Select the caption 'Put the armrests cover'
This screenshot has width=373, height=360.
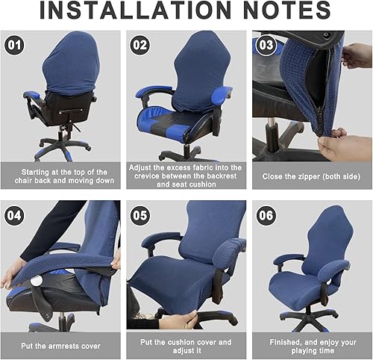60,346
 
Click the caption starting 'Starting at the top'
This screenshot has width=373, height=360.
60,176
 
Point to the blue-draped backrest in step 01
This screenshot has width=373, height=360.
63,67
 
